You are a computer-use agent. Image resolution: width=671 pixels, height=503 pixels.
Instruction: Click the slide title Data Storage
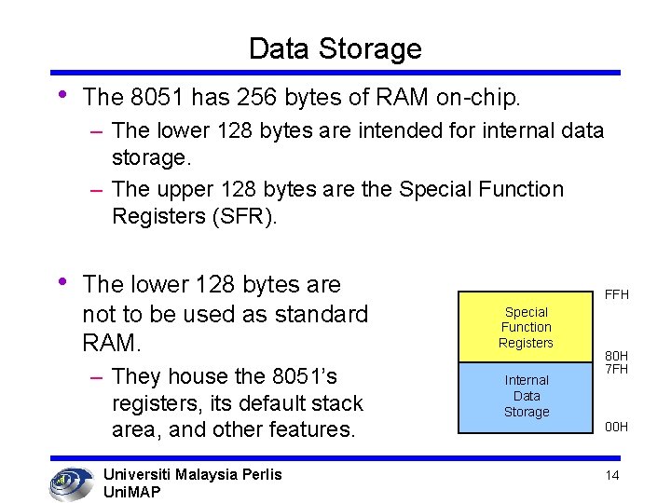pyautogui.click(x=335, y=48)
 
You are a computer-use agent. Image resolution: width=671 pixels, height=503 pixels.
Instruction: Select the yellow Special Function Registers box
pyautogui.click(x=526, y=327)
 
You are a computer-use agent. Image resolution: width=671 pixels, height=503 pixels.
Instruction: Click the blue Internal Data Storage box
pyautogui.click(x=526, y=396)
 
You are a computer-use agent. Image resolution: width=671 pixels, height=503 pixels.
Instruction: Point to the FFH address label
pyautogui.click(x=617, y=294)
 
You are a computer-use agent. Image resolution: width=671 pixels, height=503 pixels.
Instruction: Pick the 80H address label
pyautogui.click(x=616, y=356)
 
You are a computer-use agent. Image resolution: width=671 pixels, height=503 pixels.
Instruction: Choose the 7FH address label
pyautogui.click(x=616, y=369)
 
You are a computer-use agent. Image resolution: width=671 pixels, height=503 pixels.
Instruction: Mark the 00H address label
pyautogui.click(x=616, y=427)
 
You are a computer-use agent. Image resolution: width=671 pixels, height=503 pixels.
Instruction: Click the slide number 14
pyautogui.click(x=612, y=475)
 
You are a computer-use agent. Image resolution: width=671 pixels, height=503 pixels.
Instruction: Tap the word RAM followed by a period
pyautogui.click(x=113, y=344)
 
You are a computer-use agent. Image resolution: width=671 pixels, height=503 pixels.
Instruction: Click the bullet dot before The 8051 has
pyautogui.click(x=62, y=95)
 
